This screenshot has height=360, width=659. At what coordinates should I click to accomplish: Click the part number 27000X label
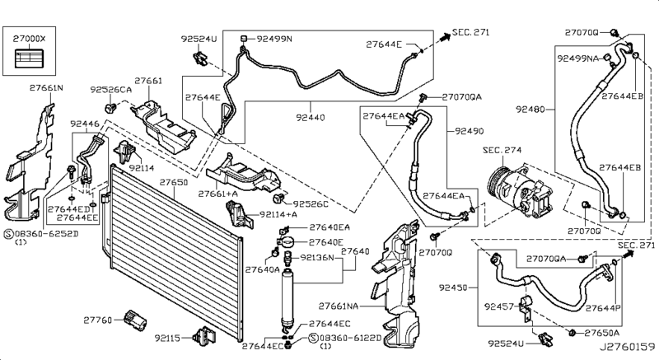pyautogui.click(x=29, y=39)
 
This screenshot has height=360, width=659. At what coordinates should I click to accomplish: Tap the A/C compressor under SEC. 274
pyautogui.click(x=520, y=191)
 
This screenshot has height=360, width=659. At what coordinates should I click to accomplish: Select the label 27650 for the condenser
pyautogui.click(x=174, y=182)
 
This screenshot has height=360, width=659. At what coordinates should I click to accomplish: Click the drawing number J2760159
pyautogui.click(x=627, y=347)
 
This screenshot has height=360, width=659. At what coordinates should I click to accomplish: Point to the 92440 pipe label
pyautogui.click(x=311, y=118)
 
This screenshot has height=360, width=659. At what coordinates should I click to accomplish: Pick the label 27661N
pyautogui.click(x=46, y=88)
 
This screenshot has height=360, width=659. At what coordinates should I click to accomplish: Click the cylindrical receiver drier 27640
pyautogui.click(x=287, y=298)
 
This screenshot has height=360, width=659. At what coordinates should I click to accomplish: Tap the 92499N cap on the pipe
pyautogui.click(x=243, y=39)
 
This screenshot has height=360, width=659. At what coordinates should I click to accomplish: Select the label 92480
pyautogui.click(x=530, y=110)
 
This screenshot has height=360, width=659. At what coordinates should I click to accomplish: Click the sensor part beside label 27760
pyautogui.click(x=136, y=320)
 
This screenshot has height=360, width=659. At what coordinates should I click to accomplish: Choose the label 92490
pyautogui.click(x=470, y=131)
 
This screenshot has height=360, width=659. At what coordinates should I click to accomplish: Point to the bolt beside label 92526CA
pyautogui.click(x=111, y=109)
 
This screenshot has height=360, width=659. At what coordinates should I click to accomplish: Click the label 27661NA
pyautogui.click(x=339, y=306)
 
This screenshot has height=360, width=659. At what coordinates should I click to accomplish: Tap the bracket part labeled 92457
pyautogui.click(x=526, y=307)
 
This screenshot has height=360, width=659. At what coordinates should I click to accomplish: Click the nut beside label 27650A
pyautogui.click(x=572, y=334)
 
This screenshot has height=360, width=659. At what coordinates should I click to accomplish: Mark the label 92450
pyautogui.click(x=453, y=288)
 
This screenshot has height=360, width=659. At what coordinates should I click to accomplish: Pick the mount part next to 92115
pyautogui.click(x=203, y=336)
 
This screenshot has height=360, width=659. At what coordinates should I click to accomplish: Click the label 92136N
pyautogui.click(x=317, y=258)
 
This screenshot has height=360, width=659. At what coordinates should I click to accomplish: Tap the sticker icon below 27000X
pyautogui.click(x=30, y=58)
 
